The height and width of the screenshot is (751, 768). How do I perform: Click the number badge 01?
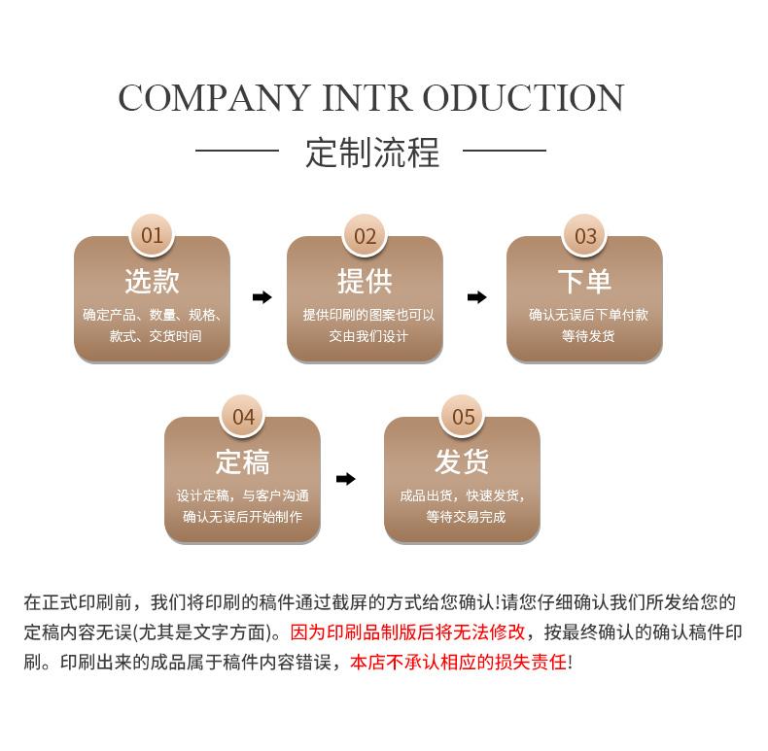tap(152, 235)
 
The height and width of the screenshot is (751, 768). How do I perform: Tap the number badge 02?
tap(365, 235)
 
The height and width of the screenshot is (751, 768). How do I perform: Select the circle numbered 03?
tap(585, 235)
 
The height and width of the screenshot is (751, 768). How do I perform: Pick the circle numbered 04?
tap(243, 417)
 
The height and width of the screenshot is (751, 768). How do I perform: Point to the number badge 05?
tap(463, 417)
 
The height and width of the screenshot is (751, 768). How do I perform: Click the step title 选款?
tap(152, 281)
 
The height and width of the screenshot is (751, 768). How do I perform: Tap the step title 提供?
tap(365, 281)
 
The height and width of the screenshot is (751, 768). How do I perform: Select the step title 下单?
tap(584, 281)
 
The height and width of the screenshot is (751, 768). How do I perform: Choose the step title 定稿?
tap(242, 461)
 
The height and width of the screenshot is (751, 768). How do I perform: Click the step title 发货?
tap(462, 461)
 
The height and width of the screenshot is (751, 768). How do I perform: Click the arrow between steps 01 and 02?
tap(262, 297)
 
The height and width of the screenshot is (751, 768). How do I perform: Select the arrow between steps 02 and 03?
tap(476, 297)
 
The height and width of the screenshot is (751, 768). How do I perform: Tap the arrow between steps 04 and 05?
tap(345, 479)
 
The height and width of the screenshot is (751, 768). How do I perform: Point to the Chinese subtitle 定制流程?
tap(372, 153)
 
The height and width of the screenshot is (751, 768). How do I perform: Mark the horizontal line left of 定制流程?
tap(237, 151)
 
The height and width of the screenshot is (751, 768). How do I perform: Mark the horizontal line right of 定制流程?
tap(504, 151)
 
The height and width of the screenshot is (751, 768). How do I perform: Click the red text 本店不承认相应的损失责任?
tap(457, 663)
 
